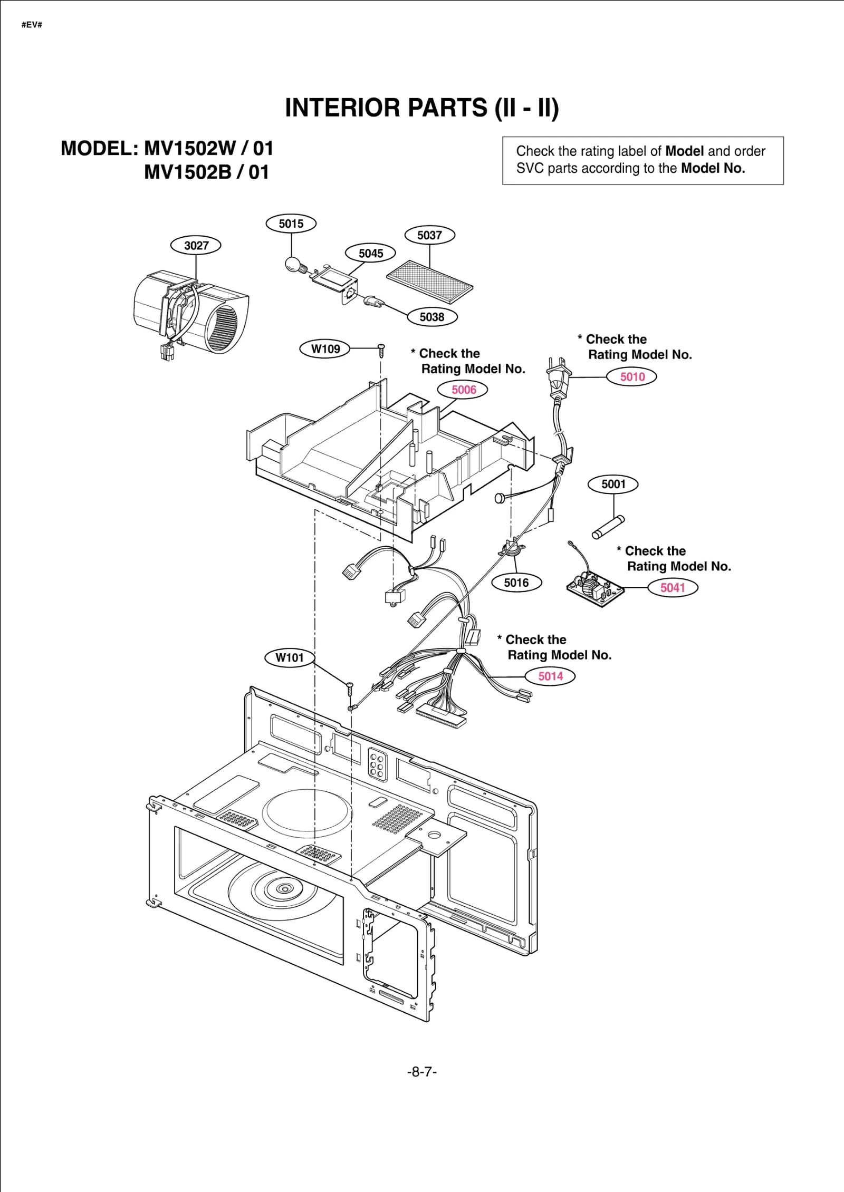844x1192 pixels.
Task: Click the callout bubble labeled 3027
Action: click(x=196, y=245)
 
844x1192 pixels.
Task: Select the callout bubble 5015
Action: click(x=291, y=224)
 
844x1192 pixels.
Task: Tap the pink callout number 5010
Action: click(x=632, y=376)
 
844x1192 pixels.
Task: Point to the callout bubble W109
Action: click(x=325, y=348)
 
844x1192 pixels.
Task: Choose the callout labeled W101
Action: click(x=290, y=657)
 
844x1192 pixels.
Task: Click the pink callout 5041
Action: click(x=673, y=587)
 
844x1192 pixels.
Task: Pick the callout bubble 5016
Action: click(x=516, y=583)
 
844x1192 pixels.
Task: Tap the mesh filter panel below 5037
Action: click(x=429, y=282)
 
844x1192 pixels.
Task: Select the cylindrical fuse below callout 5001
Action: click(x=608, y=528)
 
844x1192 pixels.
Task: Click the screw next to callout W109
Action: click(x=381, y=349)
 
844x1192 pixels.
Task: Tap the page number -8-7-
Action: click(x=421, y=1072)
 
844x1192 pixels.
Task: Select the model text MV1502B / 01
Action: click(x=206, y=172)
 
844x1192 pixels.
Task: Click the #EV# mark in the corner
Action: click(x=32, y=25)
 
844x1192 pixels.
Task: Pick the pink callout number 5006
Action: click(x=463, y=390)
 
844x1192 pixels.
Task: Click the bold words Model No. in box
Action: click(x=713, y=168)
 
